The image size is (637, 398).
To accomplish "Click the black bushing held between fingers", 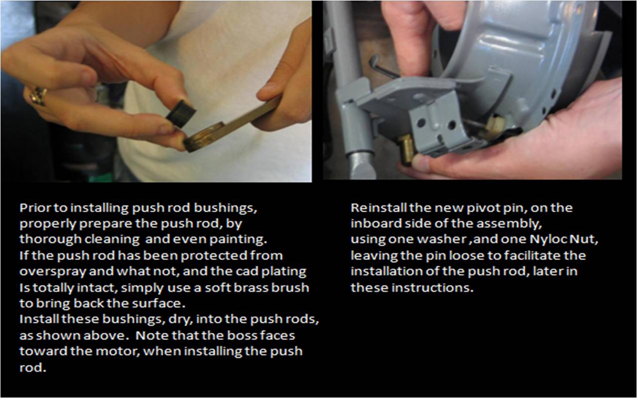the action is (x=181, y=114).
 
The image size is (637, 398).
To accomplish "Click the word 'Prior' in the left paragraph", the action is (x=35, y=208).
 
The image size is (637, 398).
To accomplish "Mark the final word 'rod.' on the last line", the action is (x=32, y=368).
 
